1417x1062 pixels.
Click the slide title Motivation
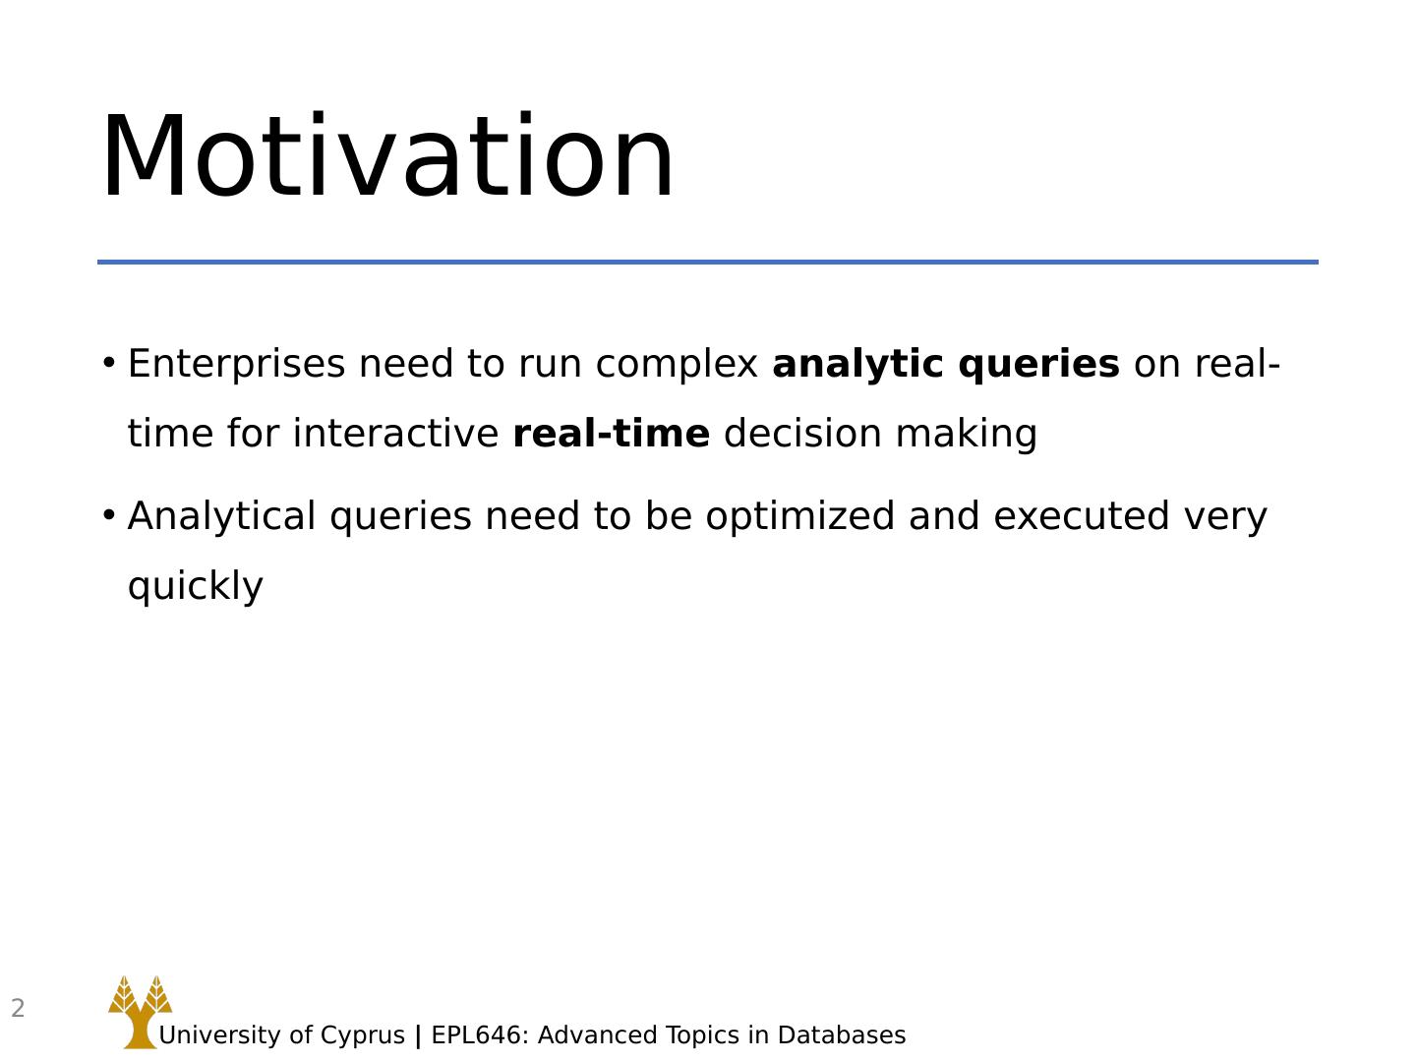[387, 155]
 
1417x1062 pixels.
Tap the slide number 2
[18, 1008]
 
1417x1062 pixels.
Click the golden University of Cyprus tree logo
[140, 1012]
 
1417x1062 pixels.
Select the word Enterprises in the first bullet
[236, 364]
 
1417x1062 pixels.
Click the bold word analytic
[858, 364]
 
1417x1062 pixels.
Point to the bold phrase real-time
[612, 433]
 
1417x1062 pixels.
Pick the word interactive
[395, 433]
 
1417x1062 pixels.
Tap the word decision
[802, 433]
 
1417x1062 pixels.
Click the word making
[967, 434]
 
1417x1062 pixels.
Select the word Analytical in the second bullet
[221, 516]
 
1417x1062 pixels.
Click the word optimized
[799, 516]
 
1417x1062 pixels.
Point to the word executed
[1082, 516]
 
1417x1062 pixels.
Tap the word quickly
[196, 586]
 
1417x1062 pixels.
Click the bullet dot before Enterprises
[108, 364]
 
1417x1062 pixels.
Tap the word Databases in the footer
[842, 1034]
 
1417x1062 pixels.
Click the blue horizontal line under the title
[708, 263]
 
